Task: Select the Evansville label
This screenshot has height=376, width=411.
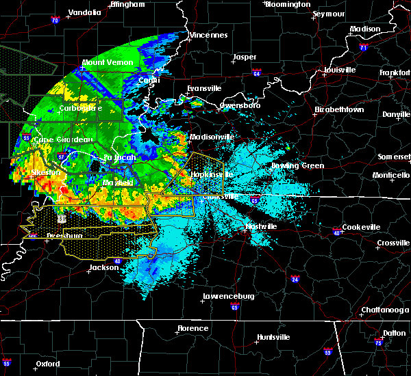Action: [x=205, y=89]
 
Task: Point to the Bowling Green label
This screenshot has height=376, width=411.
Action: [x=299, y=165]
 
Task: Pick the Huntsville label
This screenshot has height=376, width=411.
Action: [x=272, y=337]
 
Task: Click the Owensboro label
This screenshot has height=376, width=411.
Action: [x=240, y=106]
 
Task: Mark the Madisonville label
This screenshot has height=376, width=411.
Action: [x=212, y=137]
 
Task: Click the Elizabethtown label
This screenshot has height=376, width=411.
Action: [x=339, y=109]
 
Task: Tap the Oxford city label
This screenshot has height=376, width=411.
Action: [x=49, y=364]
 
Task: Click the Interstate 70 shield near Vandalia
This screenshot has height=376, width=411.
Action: [x=54, y=21]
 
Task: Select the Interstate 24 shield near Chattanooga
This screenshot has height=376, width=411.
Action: [x=295, y=279]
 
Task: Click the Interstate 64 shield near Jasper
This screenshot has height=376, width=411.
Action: [x=257, y=71]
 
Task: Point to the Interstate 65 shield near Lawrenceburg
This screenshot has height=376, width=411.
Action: [x=236, y=308]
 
